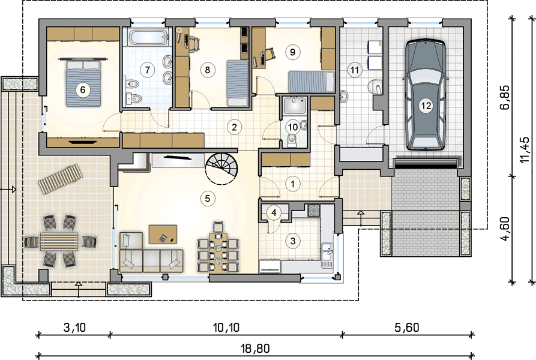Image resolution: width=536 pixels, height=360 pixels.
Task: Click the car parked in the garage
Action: point(426,95)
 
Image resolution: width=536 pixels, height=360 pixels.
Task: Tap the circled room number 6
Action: point(83,90)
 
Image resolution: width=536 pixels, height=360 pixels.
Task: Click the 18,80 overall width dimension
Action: point(255,349)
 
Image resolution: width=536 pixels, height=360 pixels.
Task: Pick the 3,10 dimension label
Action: point(74,328)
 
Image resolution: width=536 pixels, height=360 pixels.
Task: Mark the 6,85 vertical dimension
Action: point(505,97)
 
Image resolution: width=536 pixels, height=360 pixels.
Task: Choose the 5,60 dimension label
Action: point(407,328)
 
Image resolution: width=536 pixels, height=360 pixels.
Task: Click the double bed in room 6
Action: point(83,83)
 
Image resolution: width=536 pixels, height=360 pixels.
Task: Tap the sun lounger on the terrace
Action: point(61,178)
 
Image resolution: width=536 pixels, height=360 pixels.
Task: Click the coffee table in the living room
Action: point(163,234)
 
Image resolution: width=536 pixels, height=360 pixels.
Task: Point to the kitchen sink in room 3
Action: point(327,255)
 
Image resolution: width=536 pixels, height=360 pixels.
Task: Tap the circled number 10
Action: point(293,127)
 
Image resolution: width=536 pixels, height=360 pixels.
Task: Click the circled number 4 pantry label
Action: point(274,213)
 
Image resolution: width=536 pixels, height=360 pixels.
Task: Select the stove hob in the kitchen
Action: point(313,211)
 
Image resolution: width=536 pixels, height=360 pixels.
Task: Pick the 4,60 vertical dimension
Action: point(505,229)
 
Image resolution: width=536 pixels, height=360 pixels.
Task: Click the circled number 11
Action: point(355,70)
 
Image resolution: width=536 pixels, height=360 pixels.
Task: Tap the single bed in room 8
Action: point(238,83)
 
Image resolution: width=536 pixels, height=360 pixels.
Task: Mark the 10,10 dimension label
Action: point(226,328)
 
